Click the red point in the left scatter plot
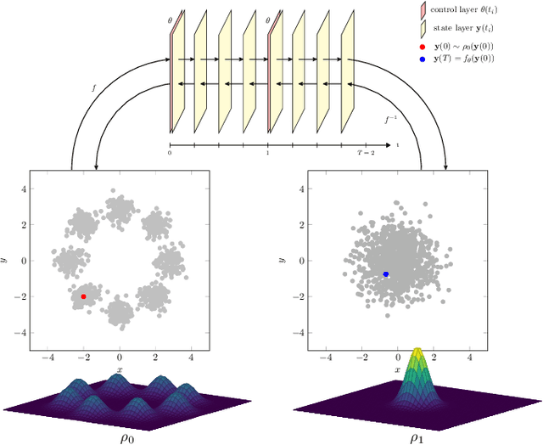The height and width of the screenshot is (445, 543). point(83,296)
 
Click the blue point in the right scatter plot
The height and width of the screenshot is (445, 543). point(386,273)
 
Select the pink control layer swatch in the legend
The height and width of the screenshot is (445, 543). point(423,10)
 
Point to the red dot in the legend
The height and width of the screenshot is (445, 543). point(423,45)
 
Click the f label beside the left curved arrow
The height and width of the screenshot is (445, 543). point(94,87)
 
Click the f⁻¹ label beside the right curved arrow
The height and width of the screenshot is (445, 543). point(390,120)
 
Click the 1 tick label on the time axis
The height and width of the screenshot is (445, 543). point(268,152)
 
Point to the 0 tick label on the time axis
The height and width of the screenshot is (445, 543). point(170,152)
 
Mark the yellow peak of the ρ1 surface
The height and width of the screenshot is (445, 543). point(417,352)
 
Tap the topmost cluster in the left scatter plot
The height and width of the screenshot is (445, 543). point(120,208)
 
